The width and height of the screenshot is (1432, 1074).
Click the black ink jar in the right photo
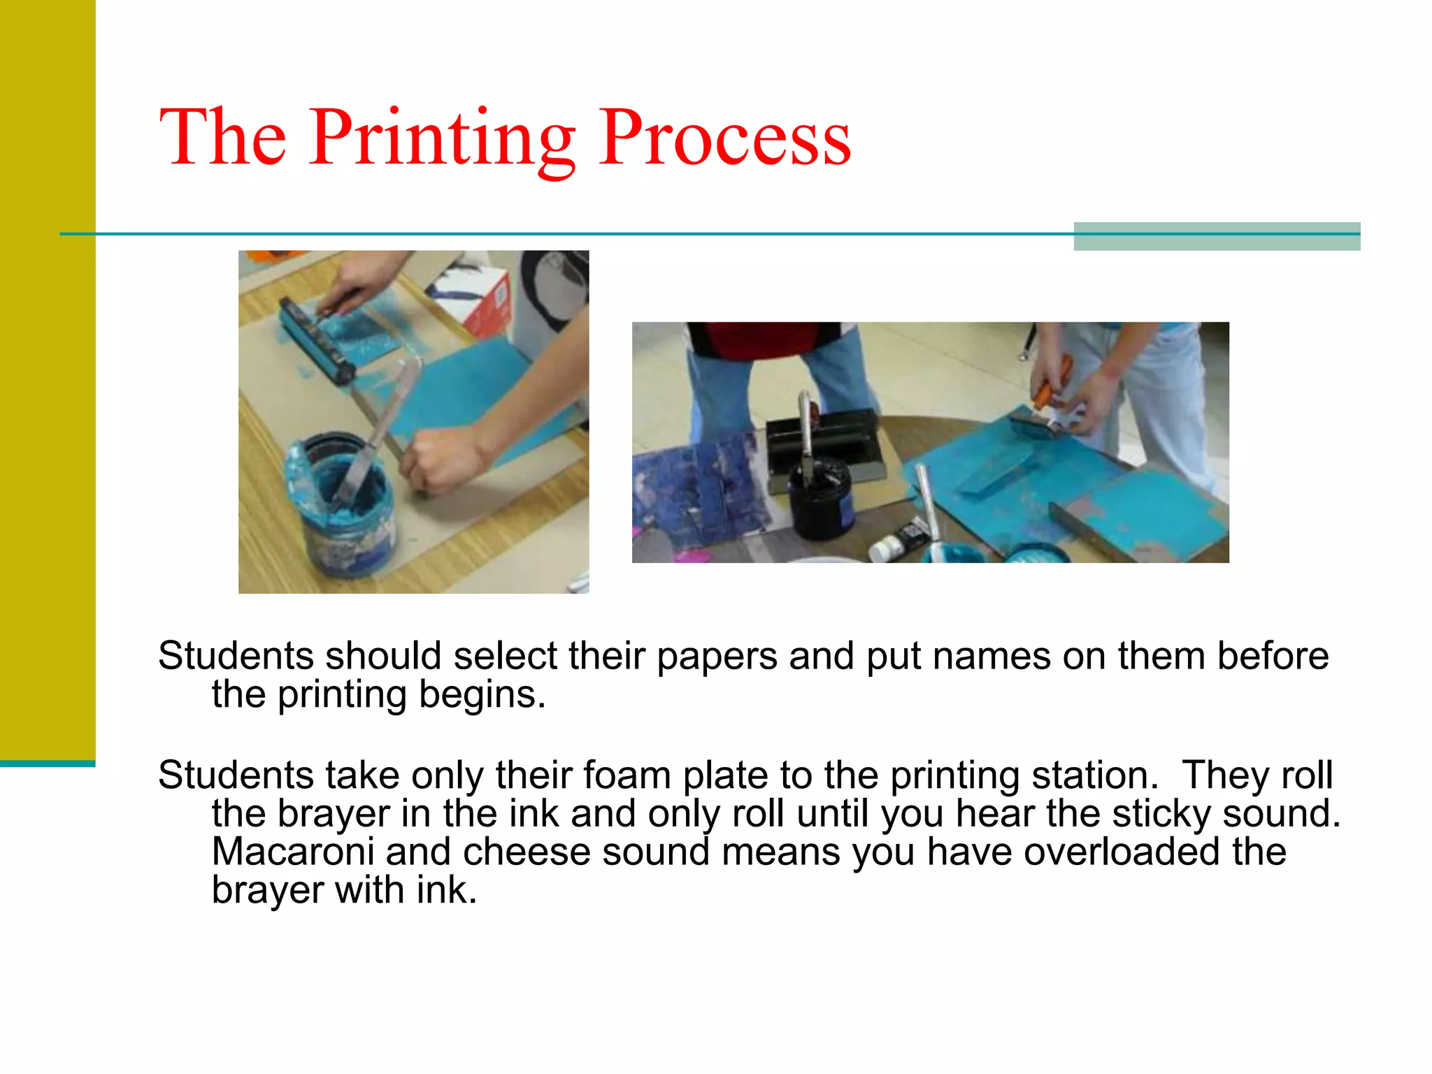[820, 498]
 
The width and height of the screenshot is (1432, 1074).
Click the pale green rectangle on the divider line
[1217, 236]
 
